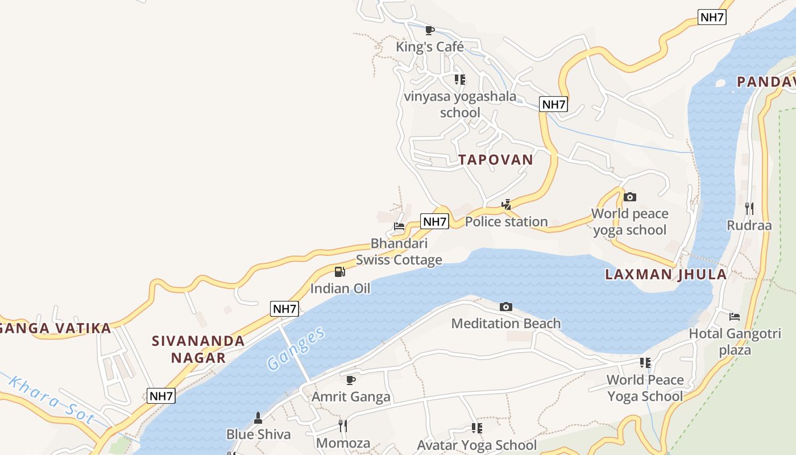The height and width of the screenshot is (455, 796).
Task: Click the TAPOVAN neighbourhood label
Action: [x=496, y=160]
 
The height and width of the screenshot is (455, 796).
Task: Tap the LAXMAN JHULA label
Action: [x=666, y=275]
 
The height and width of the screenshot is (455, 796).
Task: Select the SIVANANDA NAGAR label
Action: [x=198, y=349]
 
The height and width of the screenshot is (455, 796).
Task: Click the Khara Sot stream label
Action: [x=51, y=400]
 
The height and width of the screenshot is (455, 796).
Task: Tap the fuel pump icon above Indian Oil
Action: [x=339, y=272]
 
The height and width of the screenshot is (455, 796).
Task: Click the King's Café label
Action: [x=430, y=47]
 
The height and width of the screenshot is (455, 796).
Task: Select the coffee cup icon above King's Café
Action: [x=430, y=30]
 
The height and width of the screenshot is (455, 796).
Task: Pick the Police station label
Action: [x=506, y=222]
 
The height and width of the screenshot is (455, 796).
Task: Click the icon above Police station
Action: [x=506, y=205]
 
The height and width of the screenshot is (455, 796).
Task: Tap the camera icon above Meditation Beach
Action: [x=505, y=307]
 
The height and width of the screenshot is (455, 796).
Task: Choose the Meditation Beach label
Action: [x=505, y=324]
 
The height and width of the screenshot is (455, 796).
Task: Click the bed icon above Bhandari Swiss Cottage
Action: [x=399, y=226]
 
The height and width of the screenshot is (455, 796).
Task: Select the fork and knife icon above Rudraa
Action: [x=749, y=209]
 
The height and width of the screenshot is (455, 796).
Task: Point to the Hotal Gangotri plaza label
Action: [x=735, y=341]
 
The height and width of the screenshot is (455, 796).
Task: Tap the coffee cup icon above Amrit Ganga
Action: [x=351, y=380]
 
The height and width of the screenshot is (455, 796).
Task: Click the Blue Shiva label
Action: [x=258, y=435]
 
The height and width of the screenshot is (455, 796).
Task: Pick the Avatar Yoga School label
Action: [x=476, y=445]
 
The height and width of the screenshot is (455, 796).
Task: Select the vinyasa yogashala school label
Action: [x=460, y=104]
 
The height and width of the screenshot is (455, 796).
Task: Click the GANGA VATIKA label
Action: [x=55, y=328]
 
